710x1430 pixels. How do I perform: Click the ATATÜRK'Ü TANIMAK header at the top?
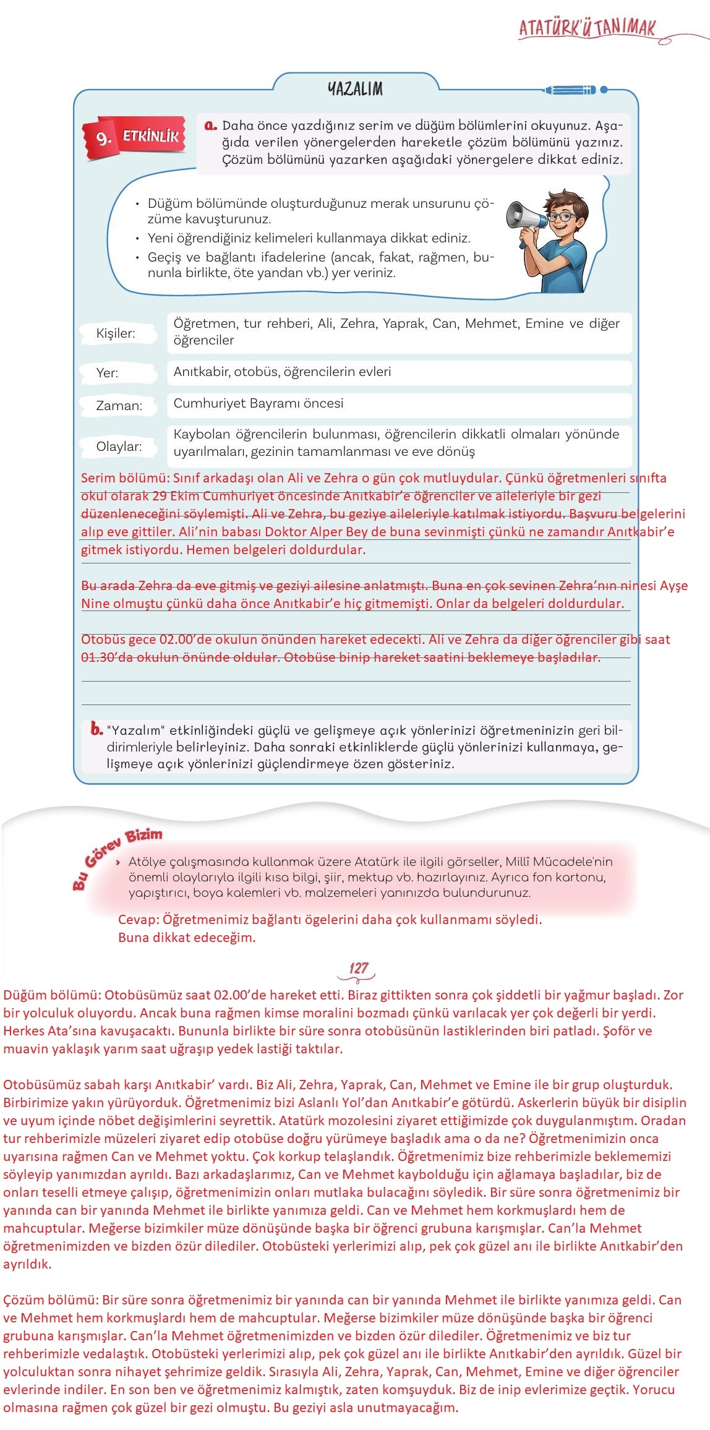[586, 28]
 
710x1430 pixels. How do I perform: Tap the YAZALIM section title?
[355, 89]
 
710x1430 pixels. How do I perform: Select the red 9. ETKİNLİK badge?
[134, 137]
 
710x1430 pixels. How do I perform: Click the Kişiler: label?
[116, 333]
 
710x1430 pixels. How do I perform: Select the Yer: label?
[107, 373]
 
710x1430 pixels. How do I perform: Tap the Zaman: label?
[119, 406]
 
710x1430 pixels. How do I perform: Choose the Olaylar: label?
[119, 447]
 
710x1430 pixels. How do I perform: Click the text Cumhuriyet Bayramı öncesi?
[258, 403]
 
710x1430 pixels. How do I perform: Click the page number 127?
[358, 969]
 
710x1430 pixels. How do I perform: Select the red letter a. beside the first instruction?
[210, 125]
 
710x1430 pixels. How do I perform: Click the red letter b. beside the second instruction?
[96, 729]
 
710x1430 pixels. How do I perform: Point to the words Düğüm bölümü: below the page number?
[51, 995]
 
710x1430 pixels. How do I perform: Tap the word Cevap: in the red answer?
[138, 920]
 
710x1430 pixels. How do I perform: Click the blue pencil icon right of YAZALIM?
[570, 90]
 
